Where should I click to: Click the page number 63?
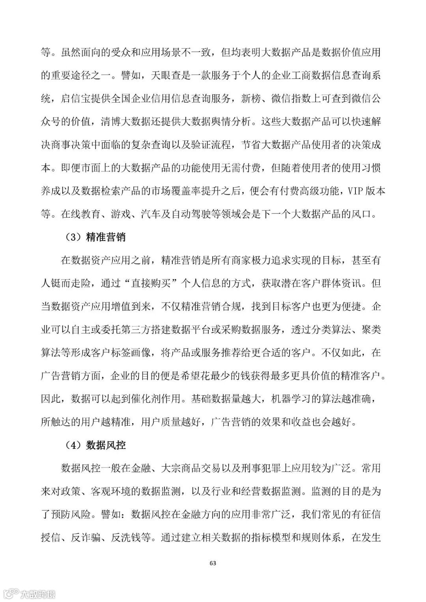(x=213, y=563)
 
